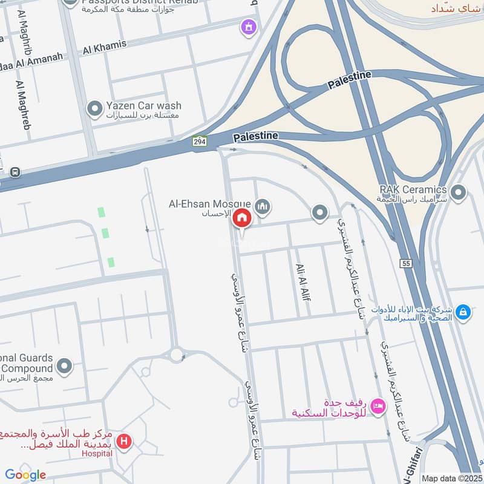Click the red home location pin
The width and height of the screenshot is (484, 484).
tap(242, 217)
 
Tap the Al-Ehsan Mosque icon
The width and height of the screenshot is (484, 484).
tap(262, 207)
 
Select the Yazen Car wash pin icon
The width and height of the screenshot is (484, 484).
tap(94, 109)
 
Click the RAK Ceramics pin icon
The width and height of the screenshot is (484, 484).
tap(459, 194)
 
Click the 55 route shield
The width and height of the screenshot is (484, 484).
tap(405, 263)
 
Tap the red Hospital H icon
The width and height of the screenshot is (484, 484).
tap(125, 442)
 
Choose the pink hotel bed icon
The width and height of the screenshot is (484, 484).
tap(378, 406)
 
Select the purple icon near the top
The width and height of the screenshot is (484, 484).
tap(247, 27)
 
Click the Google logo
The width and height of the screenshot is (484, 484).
tap(25, 475)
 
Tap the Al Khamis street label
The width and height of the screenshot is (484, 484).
tap(105, 45)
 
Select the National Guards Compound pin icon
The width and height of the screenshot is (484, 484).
tap(64, 365)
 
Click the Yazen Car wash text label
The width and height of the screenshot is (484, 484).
tap(143, 106)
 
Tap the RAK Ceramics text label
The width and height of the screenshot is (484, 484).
tap(413, 190)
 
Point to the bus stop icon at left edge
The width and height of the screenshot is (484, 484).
tap(15, 172)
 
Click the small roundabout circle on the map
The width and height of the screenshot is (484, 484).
tap(177, 355)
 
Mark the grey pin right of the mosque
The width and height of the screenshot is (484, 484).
tap(319, 212)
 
